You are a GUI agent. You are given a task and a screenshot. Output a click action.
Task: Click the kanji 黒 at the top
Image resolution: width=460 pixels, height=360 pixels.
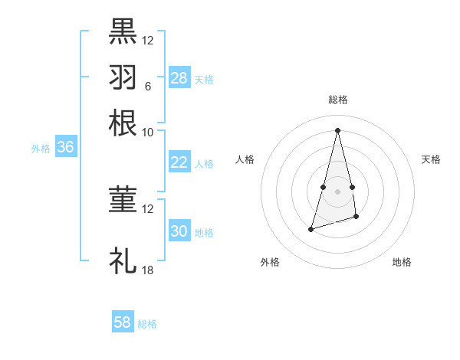point(123,31)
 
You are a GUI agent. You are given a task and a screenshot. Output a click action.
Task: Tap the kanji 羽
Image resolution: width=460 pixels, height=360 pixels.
point(123,77)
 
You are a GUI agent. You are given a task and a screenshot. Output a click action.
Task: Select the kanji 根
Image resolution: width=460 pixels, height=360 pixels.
point(123,122)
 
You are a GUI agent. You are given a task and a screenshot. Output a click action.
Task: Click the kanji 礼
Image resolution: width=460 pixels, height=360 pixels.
point(123,260)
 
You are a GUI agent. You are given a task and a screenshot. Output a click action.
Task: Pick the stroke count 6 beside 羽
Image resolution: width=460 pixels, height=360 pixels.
point(147,86)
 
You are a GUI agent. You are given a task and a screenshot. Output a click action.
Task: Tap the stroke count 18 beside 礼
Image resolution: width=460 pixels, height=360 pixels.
point(147,270)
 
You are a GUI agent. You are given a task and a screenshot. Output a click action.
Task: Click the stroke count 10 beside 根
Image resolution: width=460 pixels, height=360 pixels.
point(147,132)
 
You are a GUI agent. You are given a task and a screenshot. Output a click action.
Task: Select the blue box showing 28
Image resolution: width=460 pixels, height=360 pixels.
point(179,78)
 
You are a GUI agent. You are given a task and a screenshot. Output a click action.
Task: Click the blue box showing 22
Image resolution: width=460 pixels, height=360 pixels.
point(179,162)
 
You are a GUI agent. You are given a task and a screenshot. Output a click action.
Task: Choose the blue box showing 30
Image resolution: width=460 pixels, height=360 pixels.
point(179,231)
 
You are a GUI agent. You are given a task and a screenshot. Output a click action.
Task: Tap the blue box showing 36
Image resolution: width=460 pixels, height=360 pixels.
point(65,148)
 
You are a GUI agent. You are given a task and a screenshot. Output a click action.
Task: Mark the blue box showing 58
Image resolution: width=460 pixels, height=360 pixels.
point(123,322)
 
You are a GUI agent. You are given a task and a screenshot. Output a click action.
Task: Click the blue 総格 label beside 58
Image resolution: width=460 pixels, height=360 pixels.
point(147,324)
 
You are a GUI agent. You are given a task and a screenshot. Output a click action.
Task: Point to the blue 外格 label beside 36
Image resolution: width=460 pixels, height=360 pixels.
point(41,149)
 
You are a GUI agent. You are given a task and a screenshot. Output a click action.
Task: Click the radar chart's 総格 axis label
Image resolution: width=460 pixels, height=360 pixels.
point(338,100)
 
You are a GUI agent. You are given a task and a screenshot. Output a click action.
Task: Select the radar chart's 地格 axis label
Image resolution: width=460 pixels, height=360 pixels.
point(402,263)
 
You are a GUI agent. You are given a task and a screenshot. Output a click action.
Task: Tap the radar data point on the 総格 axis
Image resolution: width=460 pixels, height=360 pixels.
point(338,130)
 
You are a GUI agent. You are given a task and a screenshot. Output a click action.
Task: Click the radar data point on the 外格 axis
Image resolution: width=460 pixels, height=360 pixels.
point(310,228)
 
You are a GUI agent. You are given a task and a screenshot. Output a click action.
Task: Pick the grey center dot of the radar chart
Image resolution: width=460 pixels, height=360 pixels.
point(338,191)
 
